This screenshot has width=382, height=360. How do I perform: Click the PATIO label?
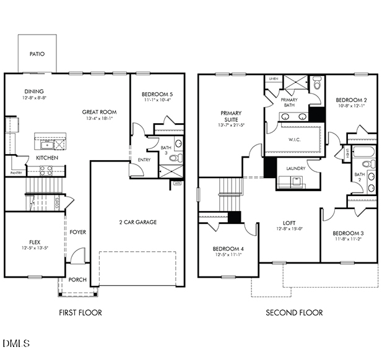pyautogui.click(x=37, y=54)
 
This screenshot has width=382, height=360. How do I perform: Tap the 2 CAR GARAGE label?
pyautogui.click(x=137, y=222)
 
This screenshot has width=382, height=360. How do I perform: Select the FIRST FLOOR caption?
pyautogui.click(x=80, y=313)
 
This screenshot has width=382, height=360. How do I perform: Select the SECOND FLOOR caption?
pyautogui.click(x=294, y=313)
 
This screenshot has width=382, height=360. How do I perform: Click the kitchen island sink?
pyautogui.click(x=47, y=144)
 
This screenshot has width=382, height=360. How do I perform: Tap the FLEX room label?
pyautogui.click(x=35, y=242)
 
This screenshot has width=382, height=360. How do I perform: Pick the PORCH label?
pyautogui.click(x=77, y=280)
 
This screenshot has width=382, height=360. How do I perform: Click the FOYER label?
pyautogui.click(x=77, y=232)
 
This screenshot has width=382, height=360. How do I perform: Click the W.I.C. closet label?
pyautogui.click(x=295, y=139)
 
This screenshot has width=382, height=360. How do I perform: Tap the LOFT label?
pyautogui.click(x=289, y=223)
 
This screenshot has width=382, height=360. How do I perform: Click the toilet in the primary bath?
pyautogui.click(x=316, y=82)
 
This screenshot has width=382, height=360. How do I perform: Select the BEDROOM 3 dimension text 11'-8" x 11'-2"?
pyautogui.click(x=349, y=239)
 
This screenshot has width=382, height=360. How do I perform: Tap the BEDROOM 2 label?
pyautogui.click(x=352, y=100)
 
